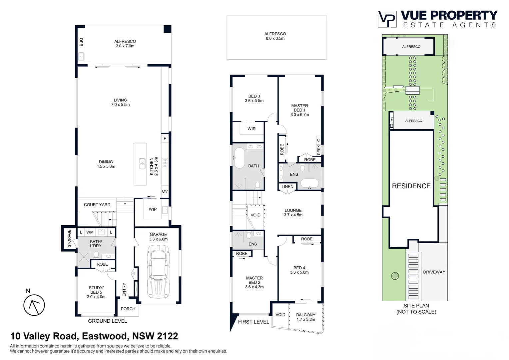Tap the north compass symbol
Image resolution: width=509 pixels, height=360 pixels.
pyautogui.click(x=34, y=305)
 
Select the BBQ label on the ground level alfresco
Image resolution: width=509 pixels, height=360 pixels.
pyautogui.click(x=81, y=42)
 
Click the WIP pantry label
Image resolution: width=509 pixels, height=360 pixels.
pyautogui.click(x=153, y=209)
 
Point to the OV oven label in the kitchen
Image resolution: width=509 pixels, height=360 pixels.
pyautogui.click(x=165, y=191)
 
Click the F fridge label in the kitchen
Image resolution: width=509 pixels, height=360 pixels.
pyautogui.click(x=165, y=139)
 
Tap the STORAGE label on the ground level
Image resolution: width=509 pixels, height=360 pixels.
pyautogui.click(x=69, y=238)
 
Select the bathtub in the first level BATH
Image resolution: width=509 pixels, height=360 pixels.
pyautogui.click(x=239, y=158)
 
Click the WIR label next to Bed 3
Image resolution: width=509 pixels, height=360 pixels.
pyautogui.click(x=252, y=129)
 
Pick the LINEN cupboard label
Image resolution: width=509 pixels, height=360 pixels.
pyautogui.click(x=287, y=187)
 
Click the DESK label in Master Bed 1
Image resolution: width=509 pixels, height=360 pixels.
pyautogui.click(x=319, y=150)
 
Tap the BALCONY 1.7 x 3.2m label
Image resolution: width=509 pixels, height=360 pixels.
pyautogui.click(x=306, y=317)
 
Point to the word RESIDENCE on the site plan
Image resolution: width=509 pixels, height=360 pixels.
pyautogui.click(x=411, y=186)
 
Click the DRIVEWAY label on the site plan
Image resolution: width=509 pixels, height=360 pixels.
pyautogui.click(x=434, y=272)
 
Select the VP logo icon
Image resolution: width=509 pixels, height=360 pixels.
pyautogui.click(x=387, y=19)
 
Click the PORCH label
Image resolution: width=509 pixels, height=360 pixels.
pyautogui.click(x=128, y=309)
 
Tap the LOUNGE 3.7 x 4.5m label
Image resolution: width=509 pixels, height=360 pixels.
pyautogui.click(x=293, y=213)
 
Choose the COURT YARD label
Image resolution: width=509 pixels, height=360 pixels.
pyautogui.click(x=97, y=205)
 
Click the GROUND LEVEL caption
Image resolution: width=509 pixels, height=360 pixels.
pyautogui.click(x=107, y=321)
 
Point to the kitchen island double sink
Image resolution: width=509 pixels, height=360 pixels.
pyautogui.click(x=142, y=164)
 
